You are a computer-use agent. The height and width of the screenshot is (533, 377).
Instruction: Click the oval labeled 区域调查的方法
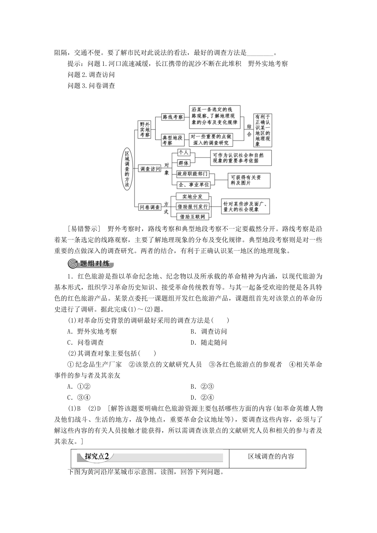click(127, 169)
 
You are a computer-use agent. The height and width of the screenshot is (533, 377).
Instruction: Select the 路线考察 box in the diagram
click(173, 117)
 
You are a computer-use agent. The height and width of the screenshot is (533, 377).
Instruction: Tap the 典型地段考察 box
click(173, 140)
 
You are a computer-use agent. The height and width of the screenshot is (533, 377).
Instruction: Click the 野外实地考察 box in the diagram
click(144, 129)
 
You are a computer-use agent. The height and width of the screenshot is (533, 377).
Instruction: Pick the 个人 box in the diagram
click(184, 153)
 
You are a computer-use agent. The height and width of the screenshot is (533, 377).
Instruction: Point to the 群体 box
click(184, 163)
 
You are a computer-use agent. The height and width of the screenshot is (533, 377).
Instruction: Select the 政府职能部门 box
click(192, 174)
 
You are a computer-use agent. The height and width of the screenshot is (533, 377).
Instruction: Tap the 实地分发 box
click(192, 197)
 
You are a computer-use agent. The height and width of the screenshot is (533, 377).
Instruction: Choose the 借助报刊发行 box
click(192, 207)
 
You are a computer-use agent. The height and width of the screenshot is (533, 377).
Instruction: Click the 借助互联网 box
click(192, 217)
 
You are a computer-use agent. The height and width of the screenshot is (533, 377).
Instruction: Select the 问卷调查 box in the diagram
click(150, 207)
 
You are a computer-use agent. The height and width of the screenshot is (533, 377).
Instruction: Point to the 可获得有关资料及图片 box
click(249, 180)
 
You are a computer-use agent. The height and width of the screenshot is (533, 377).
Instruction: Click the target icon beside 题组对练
click(73, 264)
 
